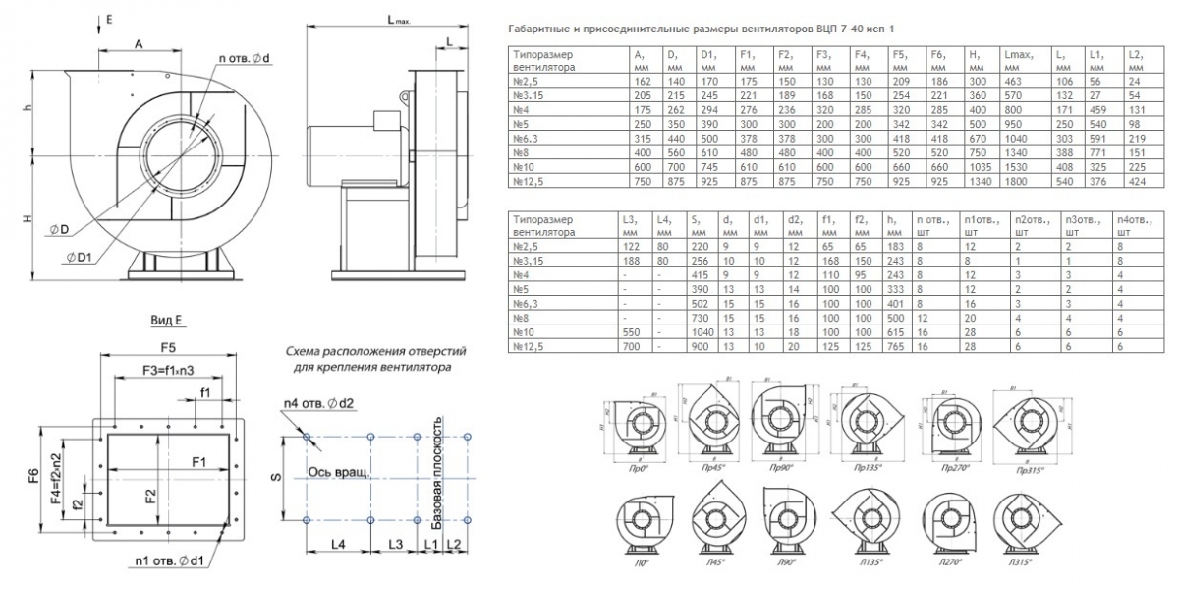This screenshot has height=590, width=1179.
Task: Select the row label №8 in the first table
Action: point(528,154)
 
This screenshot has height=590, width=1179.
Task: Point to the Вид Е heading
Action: point(167,322)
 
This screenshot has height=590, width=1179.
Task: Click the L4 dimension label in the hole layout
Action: point(337,543)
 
